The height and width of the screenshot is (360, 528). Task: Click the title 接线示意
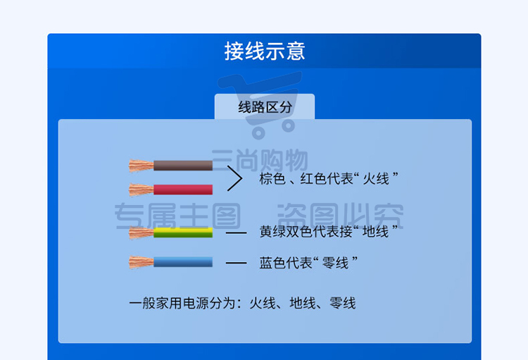(265, 51)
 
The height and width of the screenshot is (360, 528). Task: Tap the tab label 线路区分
(265, 107)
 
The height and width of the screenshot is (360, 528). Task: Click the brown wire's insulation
(183, 166)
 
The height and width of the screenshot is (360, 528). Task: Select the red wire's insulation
(183, 190)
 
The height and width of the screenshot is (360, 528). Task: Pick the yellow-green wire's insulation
(183, 232)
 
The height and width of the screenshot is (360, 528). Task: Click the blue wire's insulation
(183, 262)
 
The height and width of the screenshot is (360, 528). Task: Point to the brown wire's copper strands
(141, 166)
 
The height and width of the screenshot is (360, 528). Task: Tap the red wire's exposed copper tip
(141, 190)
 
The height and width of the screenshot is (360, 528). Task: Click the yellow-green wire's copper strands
(141, 232)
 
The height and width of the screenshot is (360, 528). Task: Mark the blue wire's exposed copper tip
(141, 262)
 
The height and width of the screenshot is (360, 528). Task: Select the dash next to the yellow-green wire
(236, 233)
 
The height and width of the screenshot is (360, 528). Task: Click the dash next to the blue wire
(236, 263)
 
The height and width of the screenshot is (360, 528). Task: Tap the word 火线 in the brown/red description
(376, 179)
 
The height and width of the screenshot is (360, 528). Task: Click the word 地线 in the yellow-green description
(376, 232)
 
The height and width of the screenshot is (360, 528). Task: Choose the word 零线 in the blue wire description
(335, 263)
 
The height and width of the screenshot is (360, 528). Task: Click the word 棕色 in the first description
(272, 179)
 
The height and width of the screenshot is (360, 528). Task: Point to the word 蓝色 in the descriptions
(272, 263)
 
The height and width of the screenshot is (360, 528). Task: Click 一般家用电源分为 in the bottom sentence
(182, 303)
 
